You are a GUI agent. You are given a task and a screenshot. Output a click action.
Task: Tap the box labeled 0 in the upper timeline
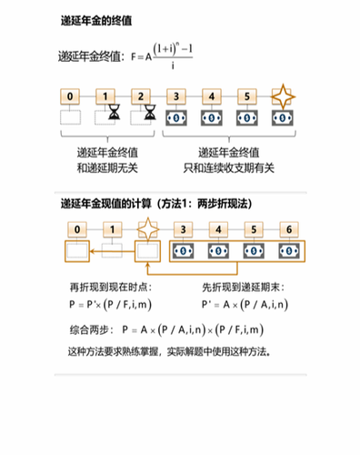point(73,95)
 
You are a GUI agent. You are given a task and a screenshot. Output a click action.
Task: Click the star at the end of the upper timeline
point(284,96)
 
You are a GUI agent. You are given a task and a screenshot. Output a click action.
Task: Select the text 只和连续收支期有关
point(228,167)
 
